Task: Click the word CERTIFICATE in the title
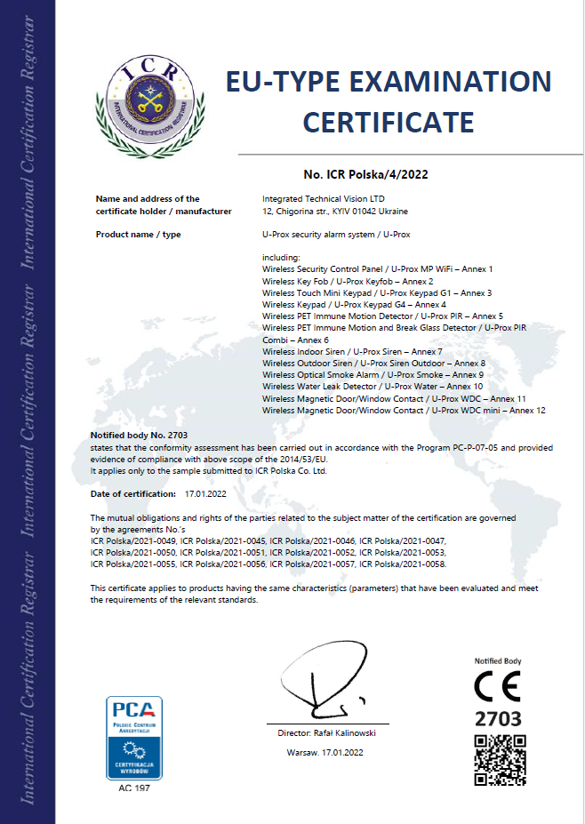coord(389,121)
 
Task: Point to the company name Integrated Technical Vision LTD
coord(324,199)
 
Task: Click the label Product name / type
coord(138,234)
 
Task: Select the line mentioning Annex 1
coord(377,268)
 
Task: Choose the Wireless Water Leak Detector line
coord(373,387)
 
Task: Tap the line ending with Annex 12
coord(404,411)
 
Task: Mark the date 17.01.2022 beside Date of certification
coord(206,492)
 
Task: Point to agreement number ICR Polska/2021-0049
coord(132,540)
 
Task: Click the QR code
coord(500,760)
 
